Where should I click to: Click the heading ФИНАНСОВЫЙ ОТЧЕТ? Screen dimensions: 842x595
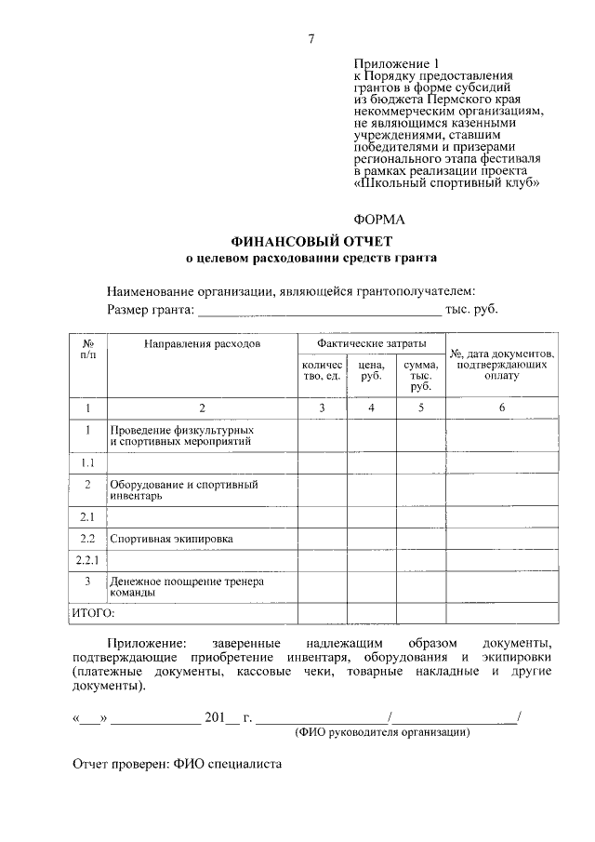click(311, 242)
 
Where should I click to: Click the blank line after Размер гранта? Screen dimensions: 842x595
click(320, 311)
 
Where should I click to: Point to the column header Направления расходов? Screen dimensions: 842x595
click(202, 344)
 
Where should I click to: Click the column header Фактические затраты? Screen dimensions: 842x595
click(371, 343)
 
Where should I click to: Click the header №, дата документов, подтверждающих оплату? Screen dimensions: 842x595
click(502, 365)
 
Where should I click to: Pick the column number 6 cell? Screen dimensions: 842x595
click(502, 408)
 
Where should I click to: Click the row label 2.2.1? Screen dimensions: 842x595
click(88, 560)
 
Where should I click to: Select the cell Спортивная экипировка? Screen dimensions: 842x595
click(171, 539)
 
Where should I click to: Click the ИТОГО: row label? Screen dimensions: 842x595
click(93, 613)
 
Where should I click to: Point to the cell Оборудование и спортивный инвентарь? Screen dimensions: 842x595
click(183, 490)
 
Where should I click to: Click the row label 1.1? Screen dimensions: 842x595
click(88, 462)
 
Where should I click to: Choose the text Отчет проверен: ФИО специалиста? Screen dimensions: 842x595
click(177, 765)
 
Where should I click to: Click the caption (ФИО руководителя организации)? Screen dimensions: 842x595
click(382, 732)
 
